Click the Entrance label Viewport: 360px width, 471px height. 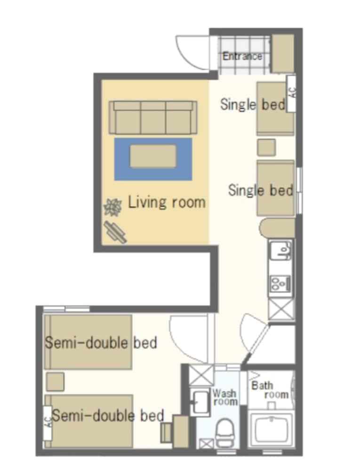[242, 56]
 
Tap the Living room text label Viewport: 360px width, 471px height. [167, 203]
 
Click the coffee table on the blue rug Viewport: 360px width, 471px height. [153, 156]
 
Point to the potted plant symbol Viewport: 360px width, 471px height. [113, 206]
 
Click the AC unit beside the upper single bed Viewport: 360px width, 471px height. [291, 93]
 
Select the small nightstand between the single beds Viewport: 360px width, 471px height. [266, 147]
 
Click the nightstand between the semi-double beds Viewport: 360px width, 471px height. [55, 382]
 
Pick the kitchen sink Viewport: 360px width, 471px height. [281, 250]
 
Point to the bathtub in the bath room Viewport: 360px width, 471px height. [270, 431]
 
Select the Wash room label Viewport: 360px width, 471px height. [225, 397]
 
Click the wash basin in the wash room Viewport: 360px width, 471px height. [201, 403]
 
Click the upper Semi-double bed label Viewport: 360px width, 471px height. [101, 342]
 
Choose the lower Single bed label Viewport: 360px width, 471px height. [261, 190]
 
